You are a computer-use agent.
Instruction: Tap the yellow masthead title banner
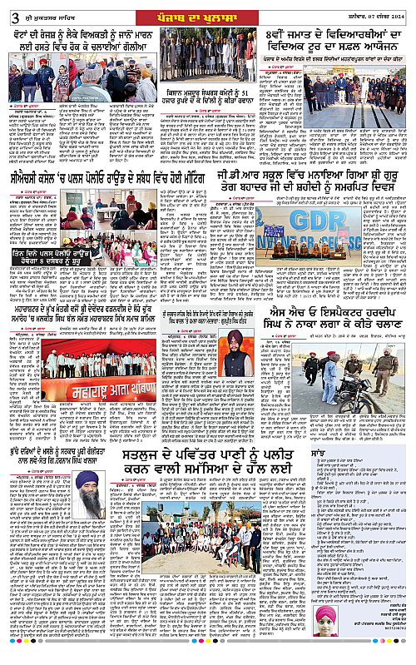click(x=207, y=10)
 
